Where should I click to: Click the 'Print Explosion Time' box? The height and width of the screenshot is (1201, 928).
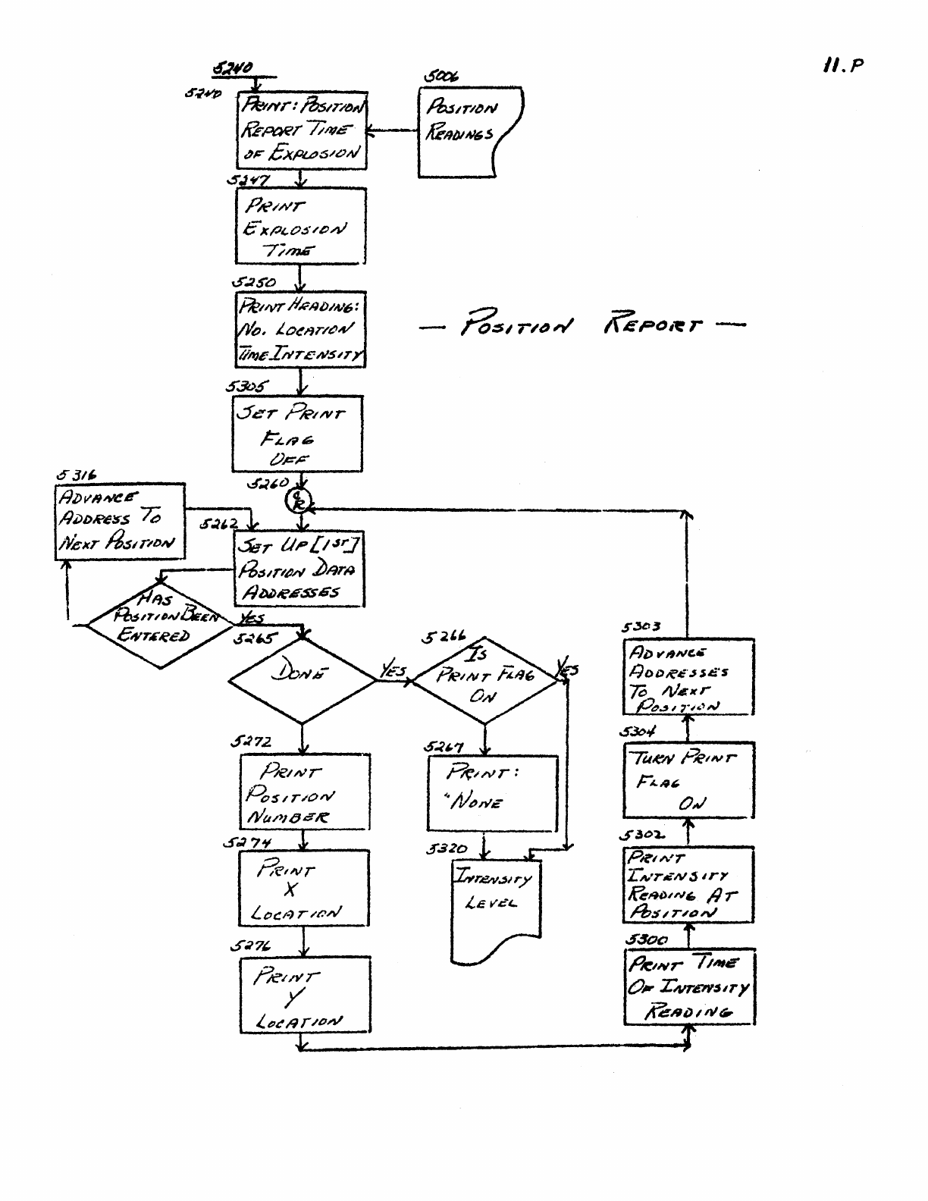tap(301, 226)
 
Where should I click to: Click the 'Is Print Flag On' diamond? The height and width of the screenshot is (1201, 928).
tap(486, 679)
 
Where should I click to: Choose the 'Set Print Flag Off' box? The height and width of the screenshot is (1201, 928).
tap(297, 434)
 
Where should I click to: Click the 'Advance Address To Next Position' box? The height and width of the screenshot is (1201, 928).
tap(121, 521)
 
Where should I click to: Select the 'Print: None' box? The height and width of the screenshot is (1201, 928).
tap(491, 792)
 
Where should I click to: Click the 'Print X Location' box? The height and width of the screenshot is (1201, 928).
tap(303, 887)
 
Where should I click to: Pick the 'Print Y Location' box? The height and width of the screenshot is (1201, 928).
tap(305, 995)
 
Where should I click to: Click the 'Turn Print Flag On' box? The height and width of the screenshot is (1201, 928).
tap(688, 779)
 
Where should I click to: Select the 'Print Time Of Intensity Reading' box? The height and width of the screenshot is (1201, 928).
tap(689, 986)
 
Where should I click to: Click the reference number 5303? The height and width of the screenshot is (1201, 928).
tap(641, 627)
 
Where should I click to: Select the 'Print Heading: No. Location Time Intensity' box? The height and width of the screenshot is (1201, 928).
tap(300, 330)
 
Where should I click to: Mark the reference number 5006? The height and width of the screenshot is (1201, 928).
tap(440, 77)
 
